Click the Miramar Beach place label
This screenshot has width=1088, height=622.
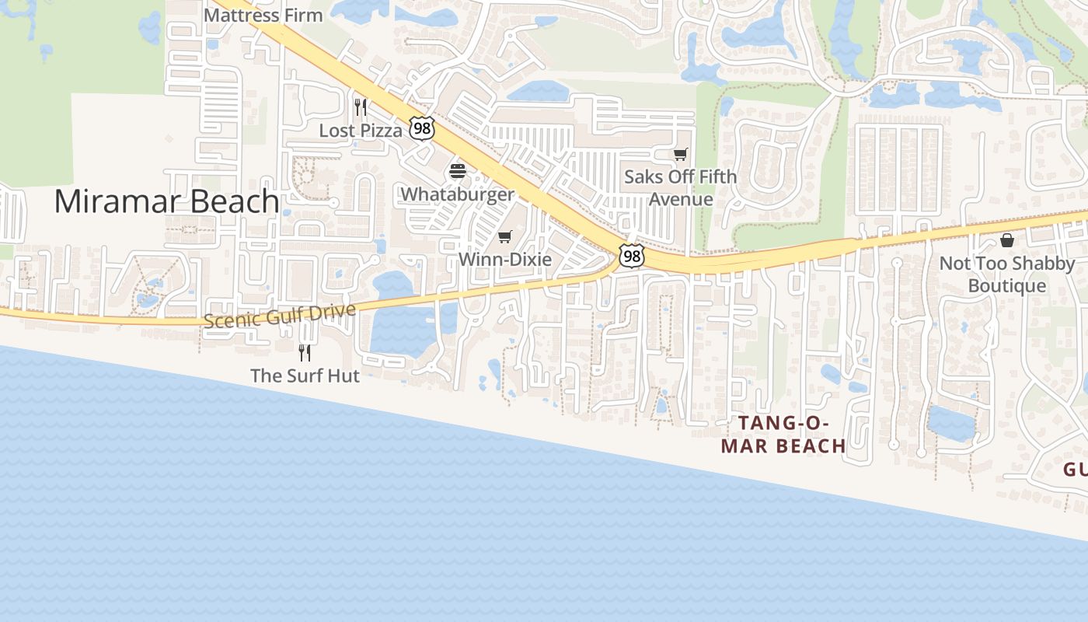point(166,201)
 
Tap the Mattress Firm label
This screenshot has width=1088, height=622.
point(263,15)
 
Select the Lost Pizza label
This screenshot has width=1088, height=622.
point(361,131)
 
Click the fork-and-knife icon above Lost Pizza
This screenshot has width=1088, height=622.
point(361,107)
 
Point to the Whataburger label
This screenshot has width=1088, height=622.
point(457,194)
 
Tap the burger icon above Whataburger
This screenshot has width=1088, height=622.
point(457,171)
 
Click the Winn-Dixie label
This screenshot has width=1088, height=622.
point(505,259)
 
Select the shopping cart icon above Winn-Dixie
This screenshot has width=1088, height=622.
point(505,236)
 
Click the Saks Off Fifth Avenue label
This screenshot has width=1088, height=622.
point(681,187)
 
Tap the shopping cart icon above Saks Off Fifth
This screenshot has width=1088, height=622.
point(681,154)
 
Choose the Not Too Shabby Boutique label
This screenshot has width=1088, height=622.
point(1007,274)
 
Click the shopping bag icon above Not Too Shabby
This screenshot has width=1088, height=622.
point(1007,240)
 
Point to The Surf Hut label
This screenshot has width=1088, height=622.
point(305,376)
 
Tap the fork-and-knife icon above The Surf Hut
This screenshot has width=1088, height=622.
point(305,352)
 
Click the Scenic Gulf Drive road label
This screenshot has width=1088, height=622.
point(280,316)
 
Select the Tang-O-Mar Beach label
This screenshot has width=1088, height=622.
point(783,435)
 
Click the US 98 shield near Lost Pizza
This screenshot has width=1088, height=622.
point(422,129)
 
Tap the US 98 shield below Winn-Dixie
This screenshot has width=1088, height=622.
point(631,255)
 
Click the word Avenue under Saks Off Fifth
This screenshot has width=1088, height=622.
point(681,199)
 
